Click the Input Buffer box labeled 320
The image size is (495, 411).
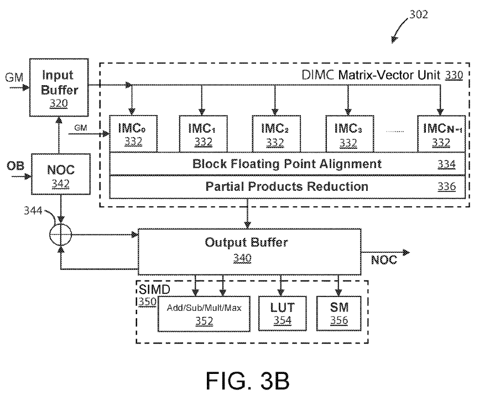(x=59, y=87)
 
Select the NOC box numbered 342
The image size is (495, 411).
(x=61, y=174)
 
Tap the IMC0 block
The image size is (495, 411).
(x=133, y=134)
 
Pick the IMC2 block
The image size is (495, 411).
(x=276, y=134)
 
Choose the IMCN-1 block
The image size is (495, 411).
(x=441, y=134)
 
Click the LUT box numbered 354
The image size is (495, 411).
(x=282, y=314)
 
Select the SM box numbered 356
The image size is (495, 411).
(x=338, y=314)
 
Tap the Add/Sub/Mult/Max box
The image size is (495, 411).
(x=204, y=314)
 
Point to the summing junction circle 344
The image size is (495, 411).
(x=61, y=235)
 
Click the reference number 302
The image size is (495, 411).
(x=419, y=14)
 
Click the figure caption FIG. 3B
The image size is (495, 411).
(x=248, y=381)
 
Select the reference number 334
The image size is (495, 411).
(x=446, y=164)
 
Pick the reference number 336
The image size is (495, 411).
(x=446, y=186)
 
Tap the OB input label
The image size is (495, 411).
(x=15, y=166)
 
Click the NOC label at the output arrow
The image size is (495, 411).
(x=384, y=260)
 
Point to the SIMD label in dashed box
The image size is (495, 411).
(x=154, y=289)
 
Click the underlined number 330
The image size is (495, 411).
(x=454, y=75)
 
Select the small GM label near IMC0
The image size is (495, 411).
(x=81, y=128)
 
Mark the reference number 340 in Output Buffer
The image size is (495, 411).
(x=242, y=258)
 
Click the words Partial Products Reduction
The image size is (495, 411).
(x=287, y=186)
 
